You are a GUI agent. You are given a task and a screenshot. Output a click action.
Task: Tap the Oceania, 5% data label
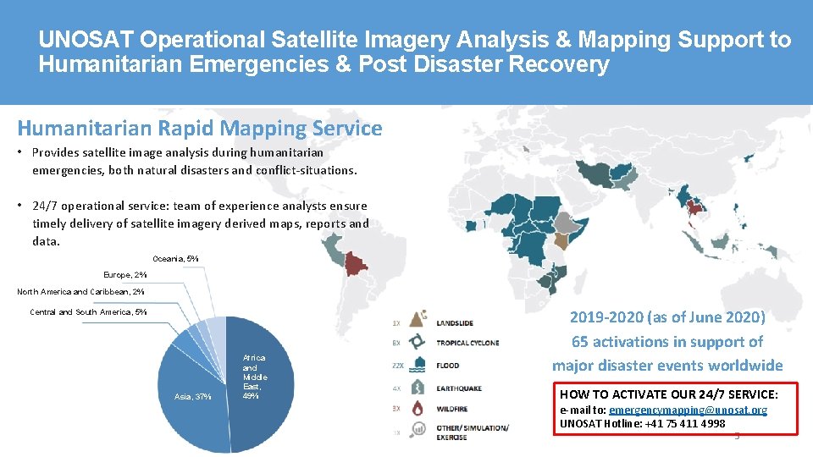click(x=175, y=258)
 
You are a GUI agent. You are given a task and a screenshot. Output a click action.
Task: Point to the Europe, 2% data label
click(x=124, y=275)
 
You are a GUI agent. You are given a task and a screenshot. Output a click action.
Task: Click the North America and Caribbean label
click(x=80, y=292)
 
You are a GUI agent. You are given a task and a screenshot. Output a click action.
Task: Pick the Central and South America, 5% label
click(x=88, y=312)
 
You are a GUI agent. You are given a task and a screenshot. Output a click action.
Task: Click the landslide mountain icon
click(x=417, y=321)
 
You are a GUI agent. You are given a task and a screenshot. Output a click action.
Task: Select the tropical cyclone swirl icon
click(x=417, y=343)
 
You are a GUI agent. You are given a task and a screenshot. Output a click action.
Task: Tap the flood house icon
click(x=417, y=365)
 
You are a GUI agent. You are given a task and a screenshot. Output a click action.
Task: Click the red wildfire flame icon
click(x=417, y=409)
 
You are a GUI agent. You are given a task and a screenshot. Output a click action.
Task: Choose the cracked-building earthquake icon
click(x=417, y=388)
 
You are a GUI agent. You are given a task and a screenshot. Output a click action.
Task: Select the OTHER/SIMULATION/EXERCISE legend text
click(x=472, y=432)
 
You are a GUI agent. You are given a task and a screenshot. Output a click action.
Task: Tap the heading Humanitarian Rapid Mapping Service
click(x=200, y=129)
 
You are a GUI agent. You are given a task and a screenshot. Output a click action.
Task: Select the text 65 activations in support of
click(x=666, y=342)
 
